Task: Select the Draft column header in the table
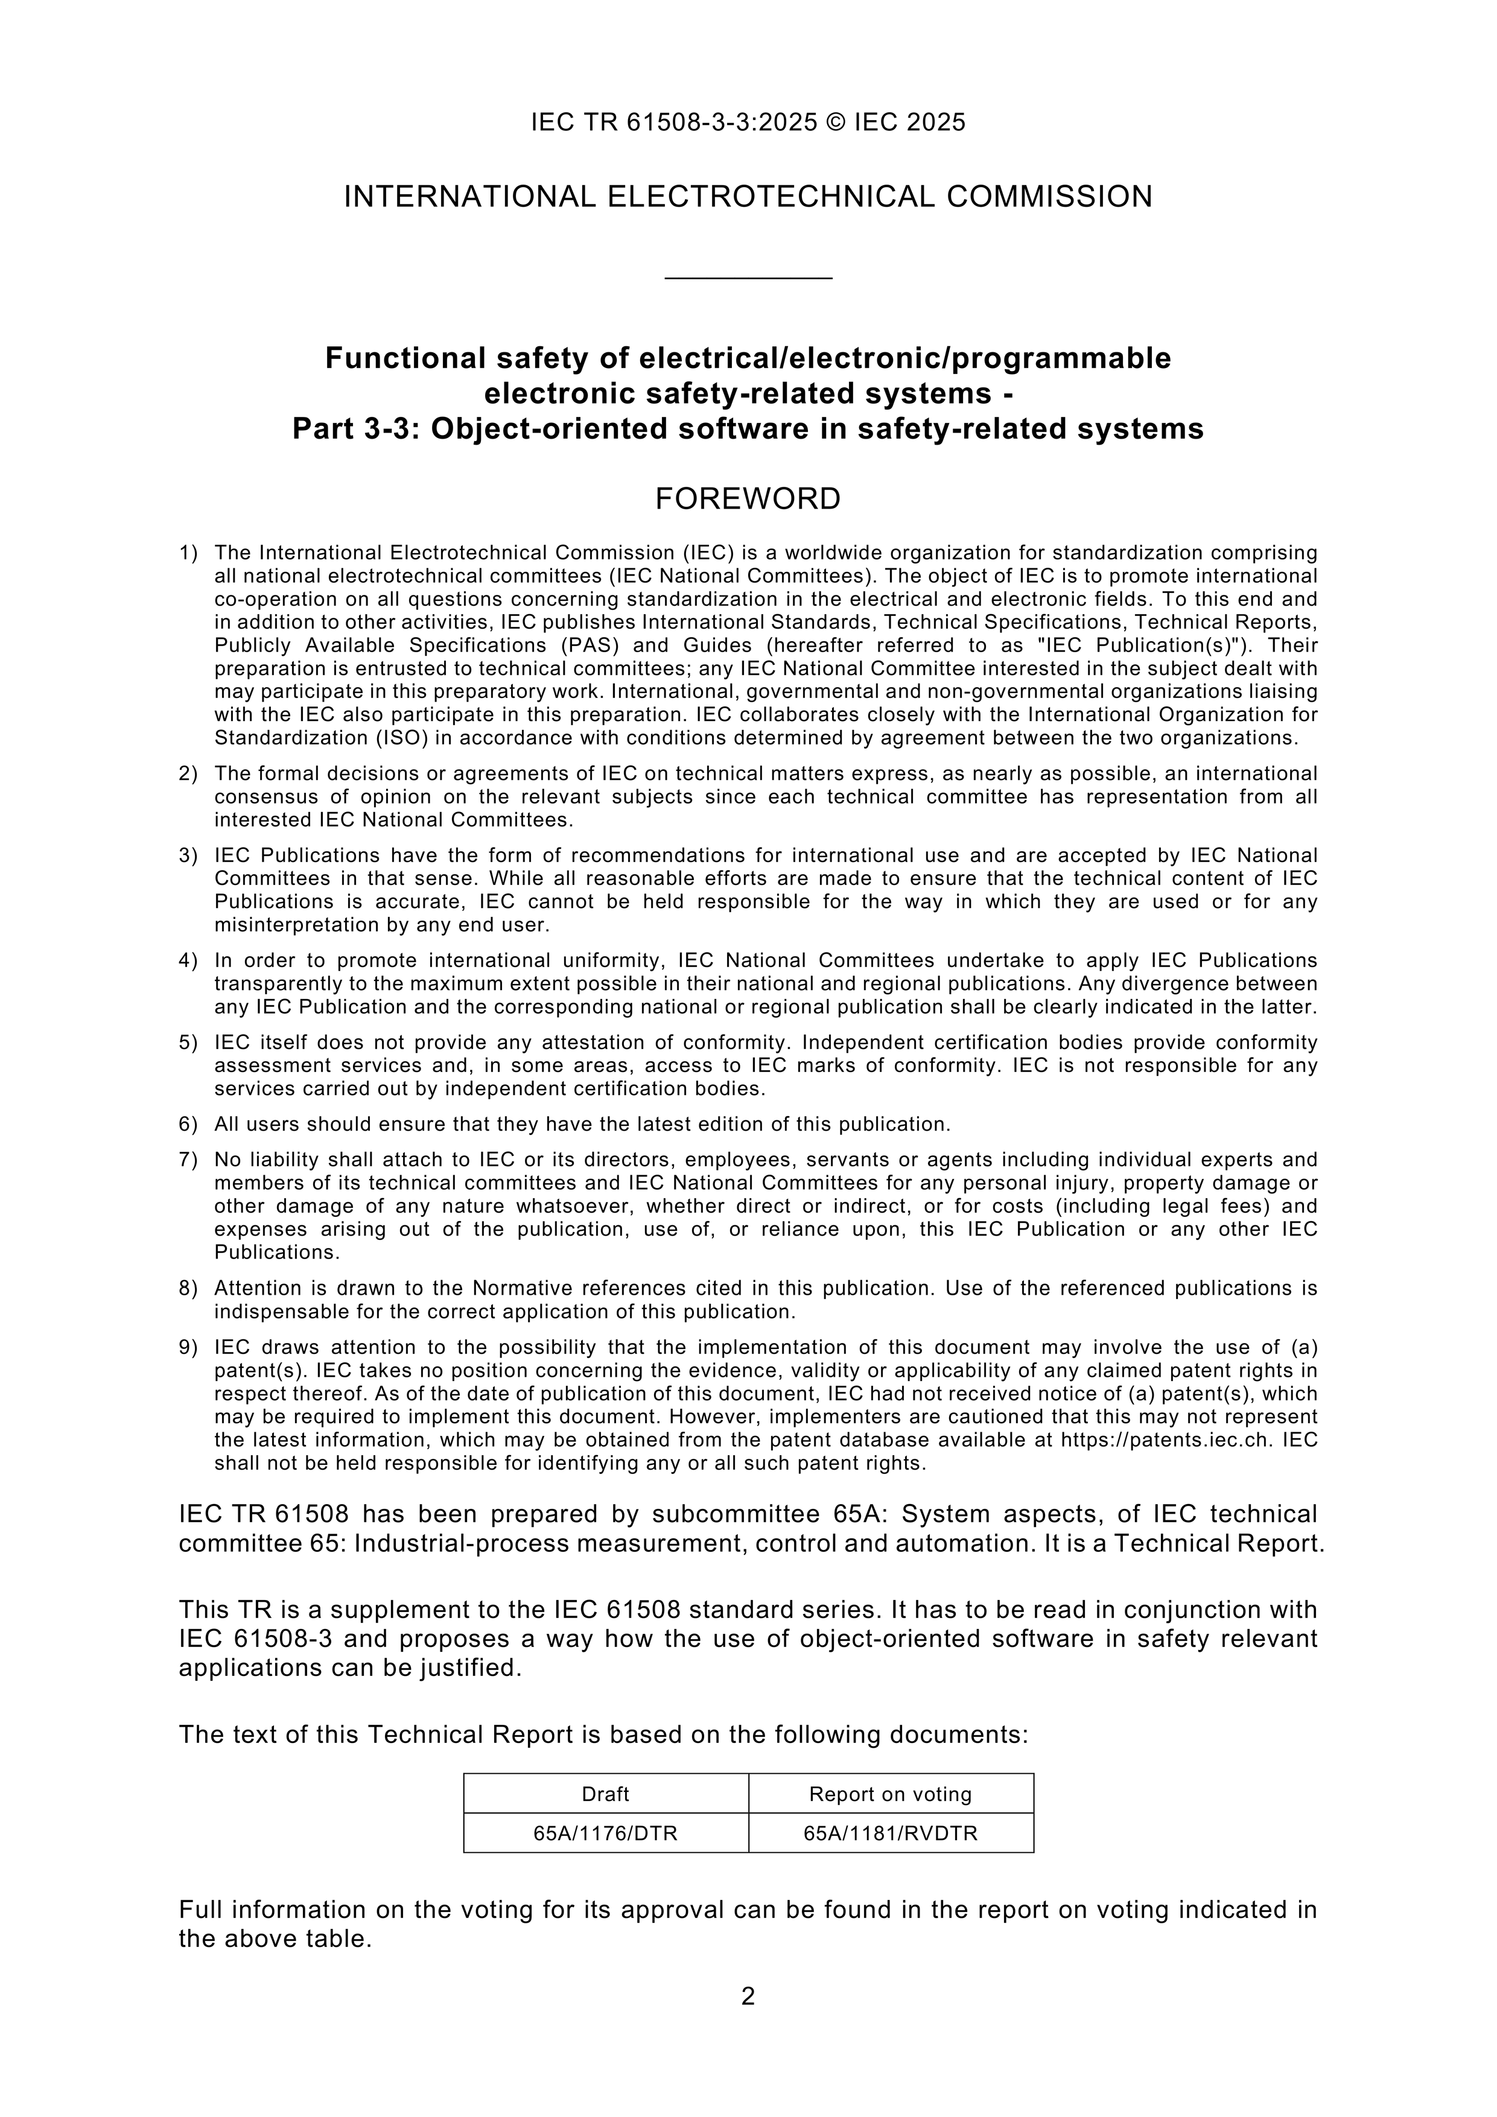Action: [605, 1794]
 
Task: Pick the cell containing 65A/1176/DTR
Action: [605, 1833]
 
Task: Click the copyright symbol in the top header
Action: [836, 122]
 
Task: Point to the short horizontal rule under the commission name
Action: [748, 278]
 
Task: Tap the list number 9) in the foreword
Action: [188, 1347]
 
